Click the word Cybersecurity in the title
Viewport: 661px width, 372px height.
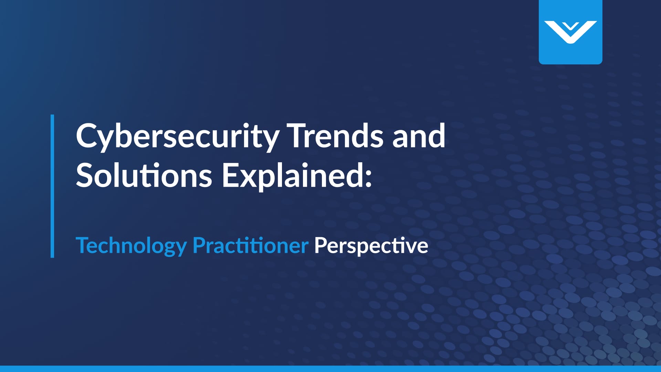pos(177,136)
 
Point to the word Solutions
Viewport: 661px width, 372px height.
pos(144,176)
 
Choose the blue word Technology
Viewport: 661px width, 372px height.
pos(131,246)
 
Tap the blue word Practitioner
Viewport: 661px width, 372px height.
pos(250,246)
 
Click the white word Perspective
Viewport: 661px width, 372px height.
pos(371,246)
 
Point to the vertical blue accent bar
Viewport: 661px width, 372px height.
pos(52,186)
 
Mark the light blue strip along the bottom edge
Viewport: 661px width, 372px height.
pos(330,369)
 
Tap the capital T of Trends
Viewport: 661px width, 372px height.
pos(298,136)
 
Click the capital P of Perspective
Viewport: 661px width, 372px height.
pos(320,246)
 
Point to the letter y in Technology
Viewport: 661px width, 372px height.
pos(181,248)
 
